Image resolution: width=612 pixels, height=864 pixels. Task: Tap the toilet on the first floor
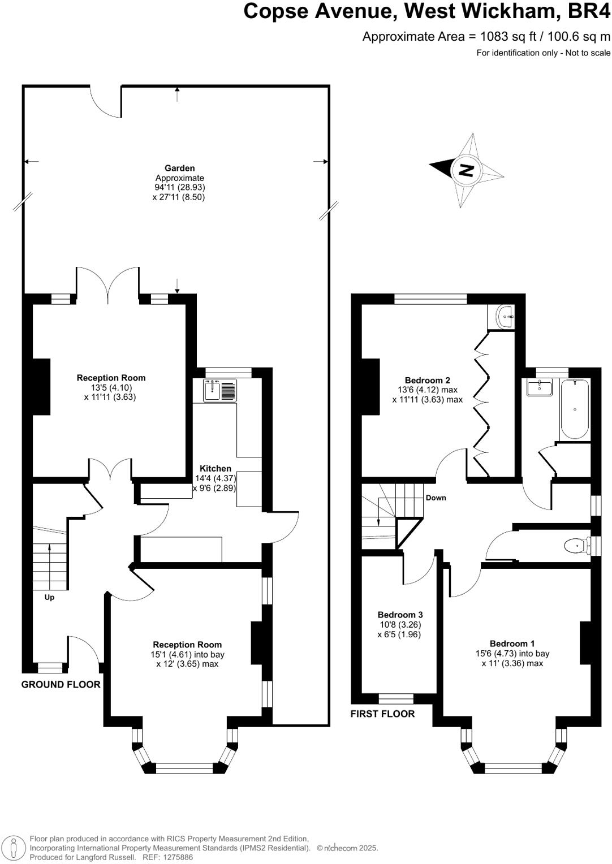(575, 546)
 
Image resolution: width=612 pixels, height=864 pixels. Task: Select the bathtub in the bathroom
(574, 409)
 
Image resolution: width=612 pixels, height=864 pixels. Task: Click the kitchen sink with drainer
(220, 390)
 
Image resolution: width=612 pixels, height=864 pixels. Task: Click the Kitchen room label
(216, 468)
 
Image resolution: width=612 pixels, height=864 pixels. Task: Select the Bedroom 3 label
(400, 615)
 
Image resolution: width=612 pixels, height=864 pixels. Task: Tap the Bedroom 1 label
(512, 643)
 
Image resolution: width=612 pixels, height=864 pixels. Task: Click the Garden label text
(179, 168)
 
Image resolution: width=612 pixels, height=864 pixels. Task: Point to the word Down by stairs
(436, 498)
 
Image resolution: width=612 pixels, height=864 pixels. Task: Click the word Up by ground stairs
(49, 597)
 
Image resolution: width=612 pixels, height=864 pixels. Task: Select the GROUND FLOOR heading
(61, 684)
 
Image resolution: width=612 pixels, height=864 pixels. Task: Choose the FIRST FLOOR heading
(382, 714)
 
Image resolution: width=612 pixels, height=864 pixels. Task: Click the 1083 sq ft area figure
(501, 37)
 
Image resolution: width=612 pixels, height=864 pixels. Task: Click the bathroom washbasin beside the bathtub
(538, 388)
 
